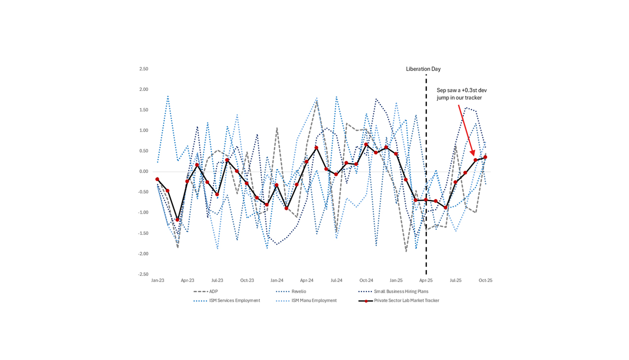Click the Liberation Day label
point(423,69)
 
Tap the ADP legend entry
point(213,292)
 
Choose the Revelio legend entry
point(299,292)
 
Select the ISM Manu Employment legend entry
point(314,300)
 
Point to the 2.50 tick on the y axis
point(143,69)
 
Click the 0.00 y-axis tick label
point(143,172)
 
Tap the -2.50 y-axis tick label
point(143,274)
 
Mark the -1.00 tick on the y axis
point(143,213)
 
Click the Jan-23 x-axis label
point(157,280)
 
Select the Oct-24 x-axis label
point(366,280)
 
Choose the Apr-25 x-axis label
point(426,280)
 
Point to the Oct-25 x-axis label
point(485,280)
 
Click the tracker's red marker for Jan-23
point(157,179)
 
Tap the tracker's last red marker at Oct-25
point(485,157)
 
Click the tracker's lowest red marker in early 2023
point(177,220)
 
